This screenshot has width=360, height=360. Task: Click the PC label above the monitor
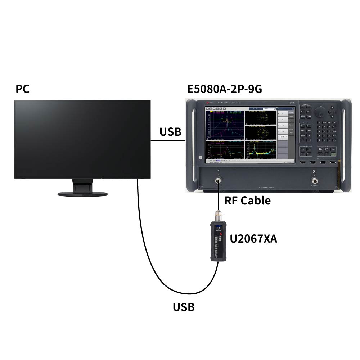point(22,89)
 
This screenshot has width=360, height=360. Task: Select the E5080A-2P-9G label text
point(224,89)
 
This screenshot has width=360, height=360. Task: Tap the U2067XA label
point(253,238)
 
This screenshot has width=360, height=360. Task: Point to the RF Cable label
point(247,201)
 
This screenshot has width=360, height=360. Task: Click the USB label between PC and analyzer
point(170,132)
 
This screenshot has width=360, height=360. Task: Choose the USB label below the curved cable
point(184,307)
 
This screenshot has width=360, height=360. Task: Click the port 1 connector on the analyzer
point(218,181)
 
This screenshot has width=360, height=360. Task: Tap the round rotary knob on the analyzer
point(319,112)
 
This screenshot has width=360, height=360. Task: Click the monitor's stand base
point(82,194)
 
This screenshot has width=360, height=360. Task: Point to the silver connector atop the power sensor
point(219,216)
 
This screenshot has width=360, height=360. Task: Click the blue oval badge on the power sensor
point(218,227)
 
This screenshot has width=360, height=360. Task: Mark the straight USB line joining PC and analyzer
point(167,141)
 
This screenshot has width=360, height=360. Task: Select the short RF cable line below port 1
point(218,198)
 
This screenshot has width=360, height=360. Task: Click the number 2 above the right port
point(314,172)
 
